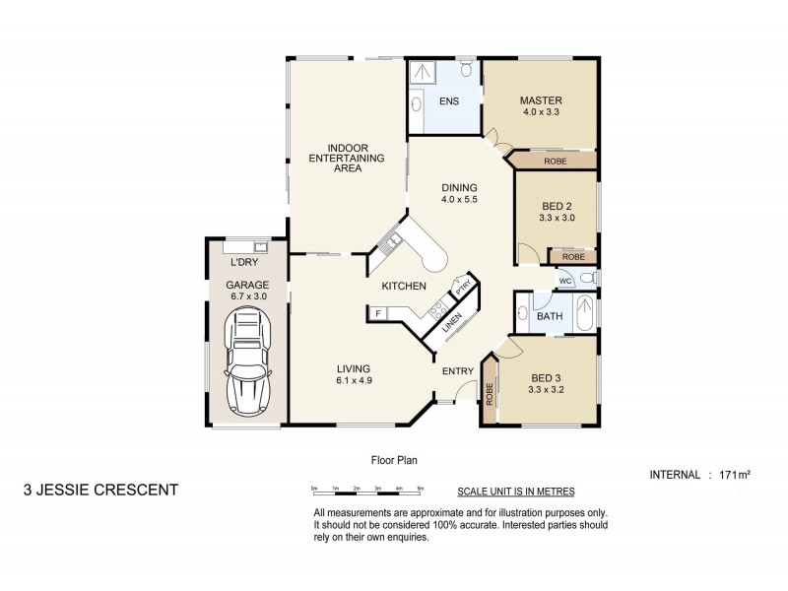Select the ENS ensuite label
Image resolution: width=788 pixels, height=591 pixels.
pyautogui.click(x=449, y=101)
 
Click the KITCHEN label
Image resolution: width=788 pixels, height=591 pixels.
pyautogui.click(x=404, y=287)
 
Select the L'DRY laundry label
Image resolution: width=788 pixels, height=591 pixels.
pyautogui.click(x=243, y=263)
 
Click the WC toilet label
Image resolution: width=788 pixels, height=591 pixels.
pyautogui.click(x=565, y=281)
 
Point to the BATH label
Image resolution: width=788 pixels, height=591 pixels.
pyautogui.click(x=549, y=316)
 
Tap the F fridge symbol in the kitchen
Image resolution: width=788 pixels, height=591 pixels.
pyautogui.click(x=376, y=313)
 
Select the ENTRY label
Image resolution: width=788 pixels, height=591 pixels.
pyautogui.click(x=458, y=370)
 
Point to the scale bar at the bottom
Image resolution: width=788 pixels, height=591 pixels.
pyautogui.click(x=366, y=490)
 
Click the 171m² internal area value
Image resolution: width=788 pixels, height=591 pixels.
pyautogui.click(x=736, y=475)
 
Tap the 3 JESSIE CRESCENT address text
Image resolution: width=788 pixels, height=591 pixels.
pyautogui.click(x=100, y=489)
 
